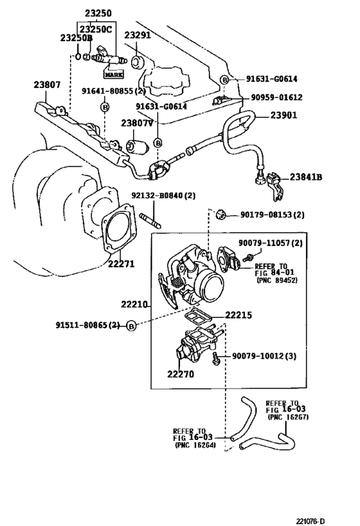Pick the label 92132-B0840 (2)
163,196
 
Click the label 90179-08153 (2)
273,215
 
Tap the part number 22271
121,263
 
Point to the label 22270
180,374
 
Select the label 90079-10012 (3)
264,356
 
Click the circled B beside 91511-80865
131,326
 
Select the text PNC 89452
276,281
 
